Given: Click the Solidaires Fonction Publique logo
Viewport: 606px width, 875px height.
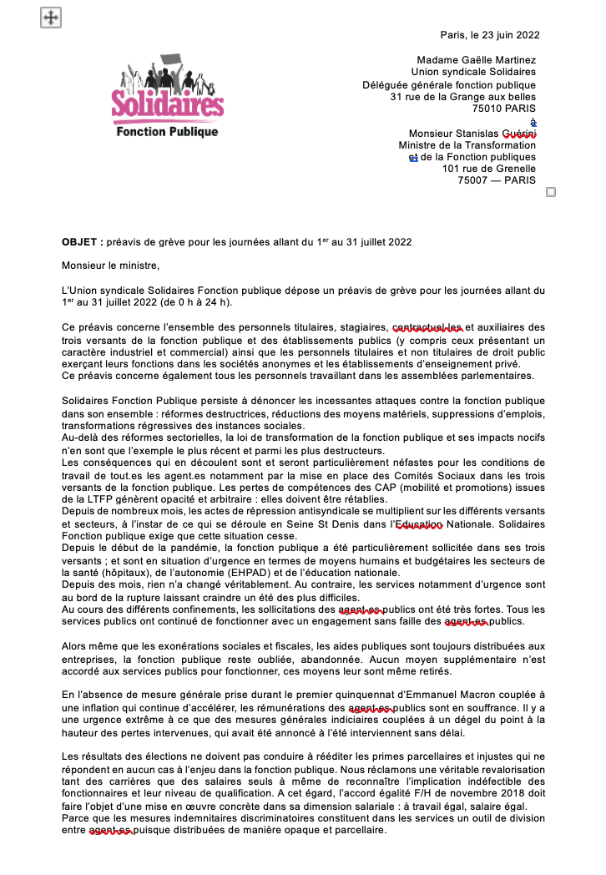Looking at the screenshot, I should coord(167,98).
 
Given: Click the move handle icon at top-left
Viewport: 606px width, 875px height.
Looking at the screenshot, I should coord(50,18).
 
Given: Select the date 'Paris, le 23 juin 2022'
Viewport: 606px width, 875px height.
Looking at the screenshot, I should coord(490,35).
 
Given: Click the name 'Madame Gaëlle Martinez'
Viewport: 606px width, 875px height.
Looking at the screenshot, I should coord(477,60).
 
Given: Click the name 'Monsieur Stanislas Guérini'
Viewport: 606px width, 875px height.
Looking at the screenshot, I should coord(472,134).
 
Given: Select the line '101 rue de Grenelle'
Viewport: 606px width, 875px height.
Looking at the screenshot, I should coord(489,169).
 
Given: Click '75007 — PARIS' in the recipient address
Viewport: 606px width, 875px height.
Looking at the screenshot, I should coord(497,180).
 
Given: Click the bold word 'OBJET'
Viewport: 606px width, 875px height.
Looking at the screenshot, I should coord(80,242).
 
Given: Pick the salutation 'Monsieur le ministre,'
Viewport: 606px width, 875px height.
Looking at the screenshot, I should coord(110,266).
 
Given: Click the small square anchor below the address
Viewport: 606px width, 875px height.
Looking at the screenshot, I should coord(550,192).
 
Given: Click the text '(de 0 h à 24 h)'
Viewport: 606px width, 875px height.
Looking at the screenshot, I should coord(193,302).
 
